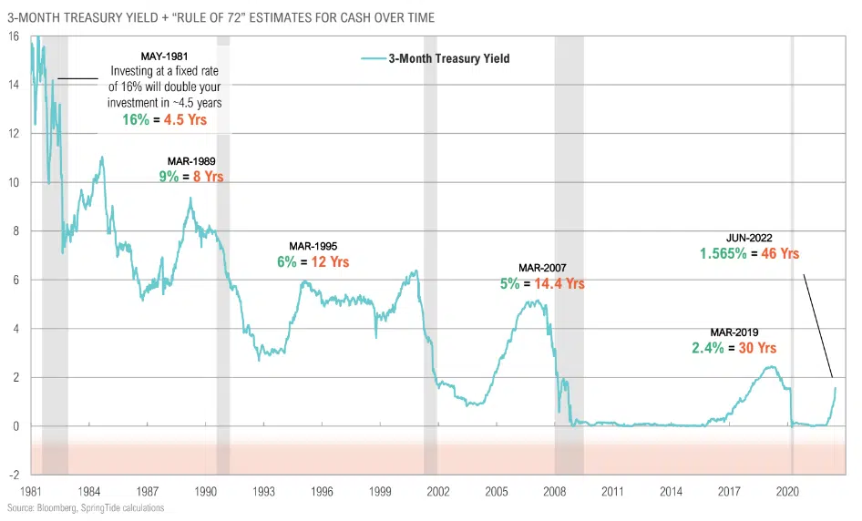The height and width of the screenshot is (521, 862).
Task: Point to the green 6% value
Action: [287, 261]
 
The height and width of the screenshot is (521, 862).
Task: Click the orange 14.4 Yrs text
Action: [558, 283]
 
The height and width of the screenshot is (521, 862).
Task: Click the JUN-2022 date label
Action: [749, 238]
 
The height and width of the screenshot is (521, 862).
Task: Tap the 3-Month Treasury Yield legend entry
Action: [448, 58]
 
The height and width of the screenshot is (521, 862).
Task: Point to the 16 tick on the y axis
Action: [13, 36]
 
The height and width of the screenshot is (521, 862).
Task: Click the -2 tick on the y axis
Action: [14, 475]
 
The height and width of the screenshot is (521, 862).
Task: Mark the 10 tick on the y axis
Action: [13, 182]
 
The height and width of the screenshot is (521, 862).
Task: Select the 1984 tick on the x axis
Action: [88, 490]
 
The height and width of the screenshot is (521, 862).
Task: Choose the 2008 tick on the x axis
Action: [555, 490]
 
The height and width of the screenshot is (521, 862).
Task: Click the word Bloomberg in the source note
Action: [49, 506]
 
